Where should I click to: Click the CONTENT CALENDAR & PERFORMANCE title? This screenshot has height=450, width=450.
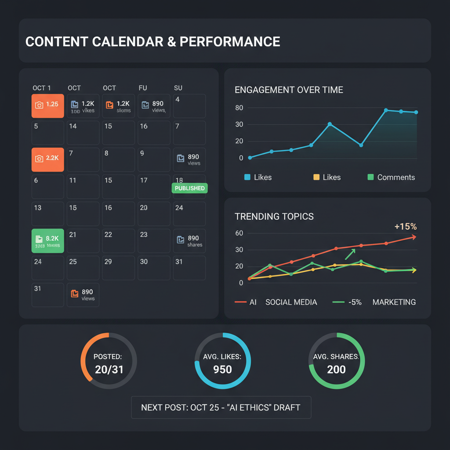(152, 41)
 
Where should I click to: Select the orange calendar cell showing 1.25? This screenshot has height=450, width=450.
(48, 105)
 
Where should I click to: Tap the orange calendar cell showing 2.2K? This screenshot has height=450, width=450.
(48, 159)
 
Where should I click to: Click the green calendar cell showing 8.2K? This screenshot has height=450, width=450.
(48, 240)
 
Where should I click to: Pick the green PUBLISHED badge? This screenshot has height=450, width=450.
(189, 188)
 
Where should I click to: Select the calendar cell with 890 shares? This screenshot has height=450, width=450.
(189, 240)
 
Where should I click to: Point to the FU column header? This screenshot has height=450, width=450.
(143, 88)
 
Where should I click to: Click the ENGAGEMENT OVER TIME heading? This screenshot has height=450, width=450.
(289, 90)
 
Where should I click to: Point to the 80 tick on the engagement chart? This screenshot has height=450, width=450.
(239, 108)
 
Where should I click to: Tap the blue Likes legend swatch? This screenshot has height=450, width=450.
(247, 177)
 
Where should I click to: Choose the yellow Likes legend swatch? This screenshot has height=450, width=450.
(316, 177)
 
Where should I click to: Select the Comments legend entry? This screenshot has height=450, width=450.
(391, 177)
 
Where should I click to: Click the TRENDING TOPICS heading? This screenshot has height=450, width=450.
(274, 216)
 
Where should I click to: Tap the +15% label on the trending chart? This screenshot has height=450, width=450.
(405, 227)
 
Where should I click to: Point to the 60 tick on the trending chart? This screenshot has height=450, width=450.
(239, 233)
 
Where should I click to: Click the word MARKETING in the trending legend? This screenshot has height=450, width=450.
(394, 302)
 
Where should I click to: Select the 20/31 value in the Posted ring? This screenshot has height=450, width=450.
(109, 369)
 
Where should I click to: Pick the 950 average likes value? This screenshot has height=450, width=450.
(222, 369)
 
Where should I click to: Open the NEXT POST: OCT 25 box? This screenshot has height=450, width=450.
(221, 407)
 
